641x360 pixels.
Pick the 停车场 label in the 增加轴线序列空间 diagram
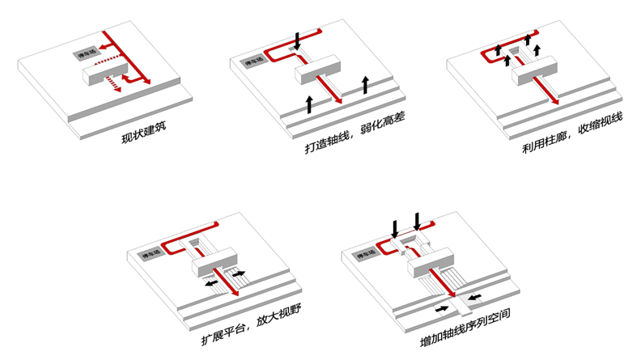(366, 255)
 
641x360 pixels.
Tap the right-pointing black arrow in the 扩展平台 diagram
(240, 274)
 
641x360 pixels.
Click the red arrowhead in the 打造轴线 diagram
(338, 100)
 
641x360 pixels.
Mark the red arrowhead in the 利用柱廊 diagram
(556, 101)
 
